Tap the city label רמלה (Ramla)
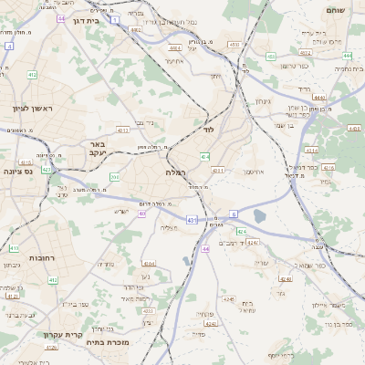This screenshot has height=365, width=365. [x=176, y=172]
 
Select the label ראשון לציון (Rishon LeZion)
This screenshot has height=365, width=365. [x=33, y=109]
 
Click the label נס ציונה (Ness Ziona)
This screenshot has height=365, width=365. [x=21, y=171]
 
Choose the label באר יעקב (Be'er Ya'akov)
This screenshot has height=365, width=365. [x=99, y=150]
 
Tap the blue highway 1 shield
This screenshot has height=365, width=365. [x=115, y=18]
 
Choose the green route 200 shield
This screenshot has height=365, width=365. [x=114, y=176]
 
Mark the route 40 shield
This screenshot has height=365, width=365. [x=142, y=214]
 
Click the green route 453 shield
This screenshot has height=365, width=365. [x=271, y=57]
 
